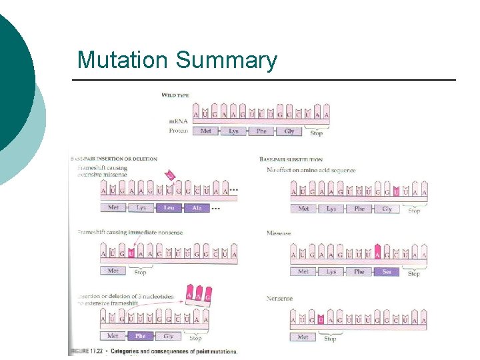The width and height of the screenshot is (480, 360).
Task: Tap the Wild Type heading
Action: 175,95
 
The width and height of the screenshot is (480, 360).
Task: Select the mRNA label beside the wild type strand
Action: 177,121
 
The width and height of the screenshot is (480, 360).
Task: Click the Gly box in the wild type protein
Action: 289,131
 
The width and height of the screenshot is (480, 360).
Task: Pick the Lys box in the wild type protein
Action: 233,131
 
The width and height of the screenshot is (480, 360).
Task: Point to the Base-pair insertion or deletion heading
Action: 115,159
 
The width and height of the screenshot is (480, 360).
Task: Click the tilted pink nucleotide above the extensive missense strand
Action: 170,176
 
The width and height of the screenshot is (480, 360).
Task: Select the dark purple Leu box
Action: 169,208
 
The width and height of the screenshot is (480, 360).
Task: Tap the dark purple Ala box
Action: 197,208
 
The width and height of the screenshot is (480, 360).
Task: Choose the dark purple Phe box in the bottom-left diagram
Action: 141,336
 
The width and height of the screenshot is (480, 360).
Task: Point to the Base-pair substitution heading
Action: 291,160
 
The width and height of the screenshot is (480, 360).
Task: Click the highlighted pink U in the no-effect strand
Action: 397,193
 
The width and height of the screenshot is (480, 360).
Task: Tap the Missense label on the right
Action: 279,233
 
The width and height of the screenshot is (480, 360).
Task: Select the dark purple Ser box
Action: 387,272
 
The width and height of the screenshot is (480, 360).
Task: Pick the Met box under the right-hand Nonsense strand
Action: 303,337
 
